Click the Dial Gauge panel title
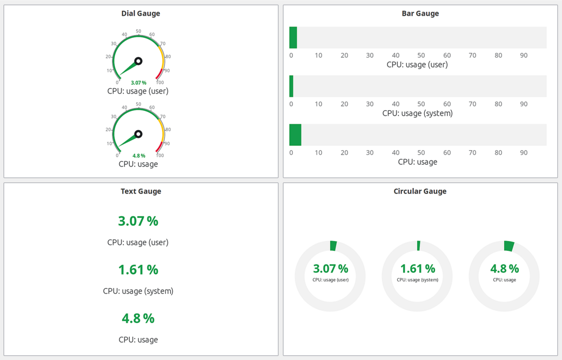tap(140, 14)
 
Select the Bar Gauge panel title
tap(420, 14)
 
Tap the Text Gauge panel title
tap(140, 191)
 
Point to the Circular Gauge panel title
tap(420, 191)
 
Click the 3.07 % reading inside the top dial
tap(138, 83)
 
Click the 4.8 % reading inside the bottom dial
tap(138, 156)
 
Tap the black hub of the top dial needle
tap(138, 61)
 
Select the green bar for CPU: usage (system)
tap(291, 86)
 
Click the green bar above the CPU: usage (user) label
tap(293, 38)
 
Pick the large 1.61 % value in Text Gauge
tap(138, 270)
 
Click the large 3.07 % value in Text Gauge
tap(138, 221)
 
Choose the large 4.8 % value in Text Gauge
tap(138, 318)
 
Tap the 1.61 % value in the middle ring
tap(417, 269)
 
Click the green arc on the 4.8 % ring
tap(509, 246)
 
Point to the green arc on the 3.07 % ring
tap(333, 245)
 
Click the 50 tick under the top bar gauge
tap(421, 55)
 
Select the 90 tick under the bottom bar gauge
tap(524, 152)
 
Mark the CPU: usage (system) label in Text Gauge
tap(138, 291)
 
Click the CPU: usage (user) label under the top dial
tap(138, 91)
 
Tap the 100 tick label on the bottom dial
tap(160, 155)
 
